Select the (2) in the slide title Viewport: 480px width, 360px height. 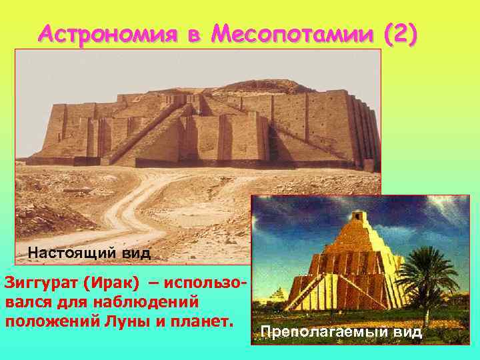coord(399,33)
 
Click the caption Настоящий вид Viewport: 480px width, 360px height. coord(89,253)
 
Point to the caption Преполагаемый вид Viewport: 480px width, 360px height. coord(341,332)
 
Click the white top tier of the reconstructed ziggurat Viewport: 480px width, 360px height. coord(359,220)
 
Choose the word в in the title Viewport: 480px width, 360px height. coord(193,34)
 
